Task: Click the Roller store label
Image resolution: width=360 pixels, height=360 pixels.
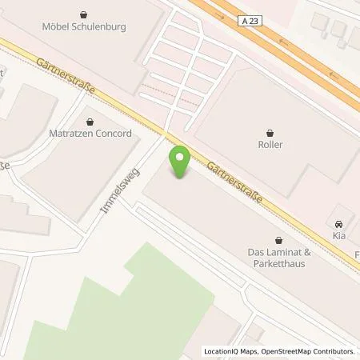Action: coord(270,145)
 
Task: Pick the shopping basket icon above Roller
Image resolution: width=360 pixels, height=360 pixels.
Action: coord(270,132)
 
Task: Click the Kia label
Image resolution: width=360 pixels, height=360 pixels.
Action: coord(339,238)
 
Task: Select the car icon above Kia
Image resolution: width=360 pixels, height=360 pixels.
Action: coord(339,226)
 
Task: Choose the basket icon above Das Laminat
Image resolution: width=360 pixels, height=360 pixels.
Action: coord(278,238)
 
